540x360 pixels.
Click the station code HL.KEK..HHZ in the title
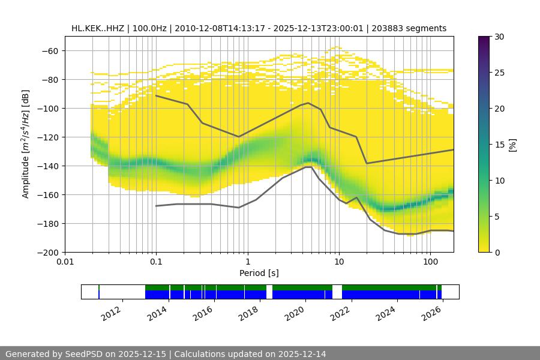(98, 28)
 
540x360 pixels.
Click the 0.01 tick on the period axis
(65, 262)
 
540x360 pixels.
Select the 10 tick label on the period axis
(339, 262)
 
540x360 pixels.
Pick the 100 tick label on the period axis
(430, 262)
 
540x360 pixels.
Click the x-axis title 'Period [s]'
(259, 273)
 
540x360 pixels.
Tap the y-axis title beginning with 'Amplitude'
(25, 144)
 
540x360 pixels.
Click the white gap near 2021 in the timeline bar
(337, 292)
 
